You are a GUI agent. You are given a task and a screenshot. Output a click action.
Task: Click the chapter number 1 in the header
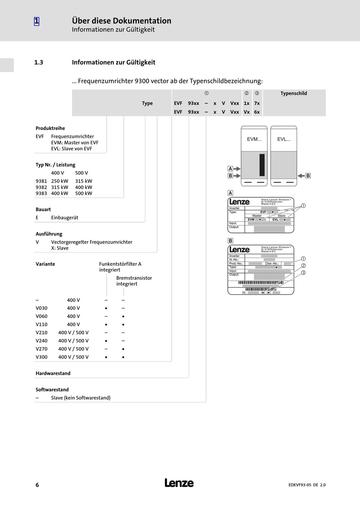click(x=36, y=21)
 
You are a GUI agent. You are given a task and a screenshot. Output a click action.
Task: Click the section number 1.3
click(x=39, y=62)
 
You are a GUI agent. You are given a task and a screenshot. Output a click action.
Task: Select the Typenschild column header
click(x=294, y=94)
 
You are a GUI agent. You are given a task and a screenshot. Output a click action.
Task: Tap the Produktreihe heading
click(x=50, y=128)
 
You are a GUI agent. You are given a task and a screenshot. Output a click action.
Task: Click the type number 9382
click(x=41, y=187)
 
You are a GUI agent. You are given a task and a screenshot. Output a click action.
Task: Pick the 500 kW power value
click(x=83, y=194)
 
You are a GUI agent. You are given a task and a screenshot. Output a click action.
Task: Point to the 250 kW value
click(x=59, y=181)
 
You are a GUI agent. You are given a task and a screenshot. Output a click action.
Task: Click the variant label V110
click(x=42, y=325)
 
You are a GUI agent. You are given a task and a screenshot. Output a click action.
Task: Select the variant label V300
click(x=42, y=357)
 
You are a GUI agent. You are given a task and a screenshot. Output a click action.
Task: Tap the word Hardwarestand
click(x=53, y=373)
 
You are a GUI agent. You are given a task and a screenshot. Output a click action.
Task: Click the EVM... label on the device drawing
click(x=254, y=139)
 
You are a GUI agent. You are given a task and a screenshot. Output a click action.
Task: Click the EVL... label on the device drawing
click(x=284, y=139)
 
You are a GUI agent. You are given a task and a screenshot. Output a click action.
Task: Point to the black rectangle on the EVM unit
click(x=262, y=165)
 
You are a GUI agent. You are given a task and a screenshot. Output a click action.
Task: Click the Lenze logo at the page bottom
click(x=179, y=483)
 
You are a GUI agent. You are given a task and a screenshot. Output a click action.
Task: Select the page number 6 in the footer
click(x=37, y=485)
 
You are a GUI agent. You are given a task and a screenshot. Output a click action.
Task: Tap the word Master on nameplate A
click(x=257, y=216)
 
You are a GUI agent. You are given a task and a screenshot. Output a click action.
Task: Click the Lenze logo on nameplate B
click(x=239, y=250)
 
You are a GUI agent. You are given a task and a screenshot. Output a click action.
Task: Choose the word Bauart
click(x=43, y=210)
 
